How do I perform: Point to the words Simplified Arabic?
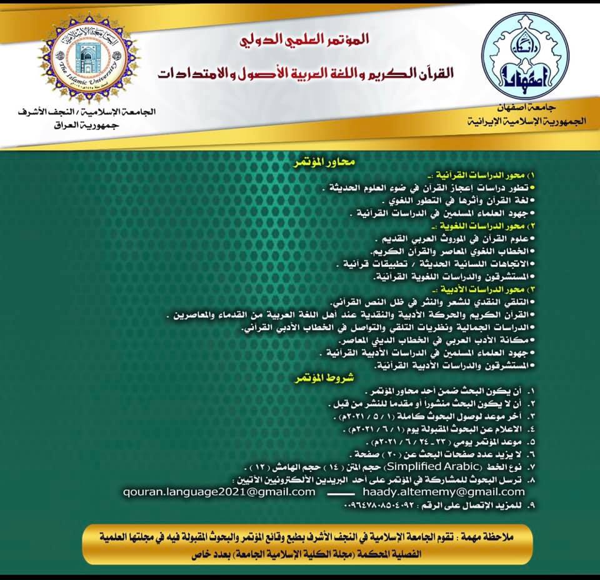click(417, 467)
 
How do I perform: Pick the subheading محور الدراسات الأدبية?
click(488, 291)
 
